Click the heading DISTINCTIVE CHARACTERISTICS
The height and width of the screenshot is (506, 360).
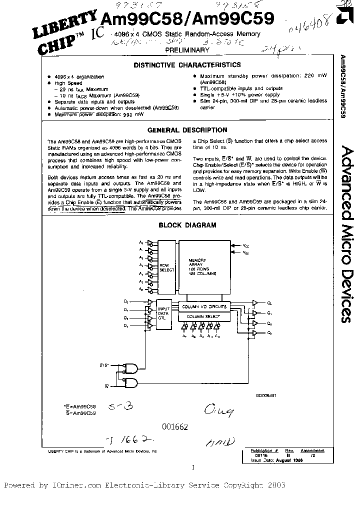186,65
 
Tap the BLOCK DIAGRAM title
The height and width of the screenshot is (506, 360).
187,225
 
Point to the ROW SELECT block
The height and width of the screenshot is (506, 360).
166,268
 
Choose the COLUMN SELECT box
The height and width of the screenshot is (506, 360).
203,316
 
